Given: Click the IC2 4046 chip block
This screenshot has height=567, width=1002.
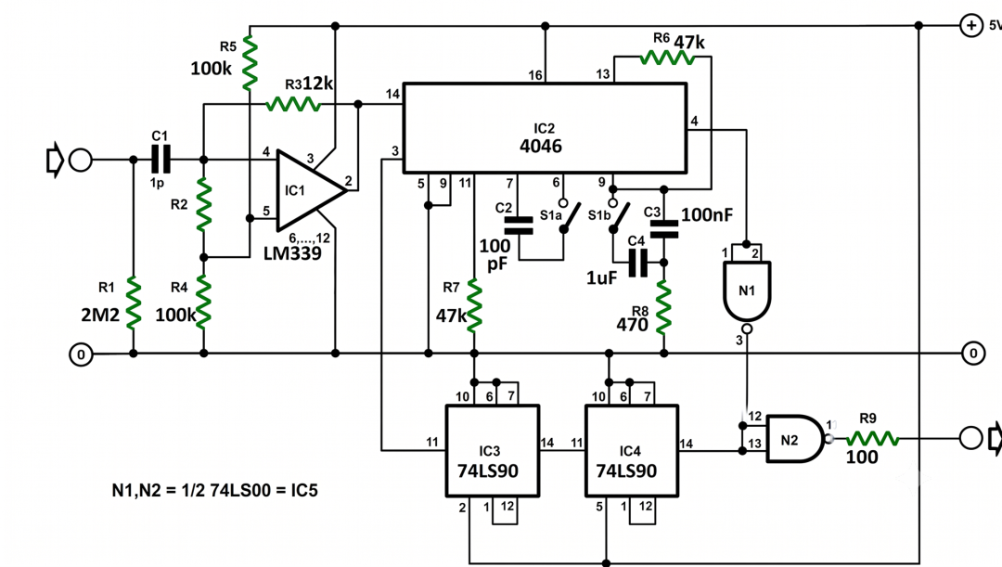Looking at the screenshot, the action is click(546, 128).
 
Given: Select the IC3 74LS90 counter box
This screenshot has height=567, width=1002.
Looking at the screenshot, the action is click(492, 451).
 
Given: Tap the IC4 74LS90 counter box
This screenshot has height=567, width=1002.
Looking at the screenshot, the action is click(632, 451).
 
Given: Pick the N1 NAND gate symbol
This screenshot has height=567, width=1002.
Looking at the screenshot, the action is click(746, 291).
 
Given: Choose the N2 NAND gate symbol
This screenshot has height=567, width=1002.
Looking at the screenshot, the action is click(794, 439).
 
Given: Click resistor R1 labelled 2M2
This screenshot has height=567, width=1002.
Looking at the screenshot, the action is click(133, 303).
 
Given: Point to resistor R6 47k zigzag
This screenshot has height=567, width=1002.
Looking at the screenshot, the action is click(666, 58).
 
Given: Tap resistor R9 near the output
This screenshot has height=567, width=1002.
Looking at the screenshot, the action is click(872, 439).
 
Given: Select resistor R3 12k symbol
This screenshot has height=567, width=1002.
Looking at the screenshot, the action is click(293, 104).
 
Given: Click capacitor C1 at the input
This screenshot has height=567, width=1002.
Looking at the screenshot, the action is click(161, 160).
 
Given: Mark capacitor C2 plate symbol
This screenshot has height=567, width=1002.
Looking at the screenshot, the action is click(519, 226).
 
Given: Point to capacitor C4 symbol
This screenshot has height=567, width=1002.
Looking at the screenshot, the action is click(637, 263).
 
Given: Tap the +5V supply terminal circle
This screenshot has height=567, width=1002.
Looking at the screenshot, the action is click(971, 26).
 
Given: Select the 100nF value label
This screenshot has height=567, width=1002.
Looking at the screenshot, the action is click(707, 214).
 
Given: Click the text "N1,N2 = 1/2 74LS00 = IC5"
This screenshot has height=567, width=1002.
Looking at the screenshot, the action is click(214, 490).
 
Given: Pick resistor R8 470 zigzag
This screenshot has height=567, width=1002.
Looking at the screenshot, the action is click(664, 307).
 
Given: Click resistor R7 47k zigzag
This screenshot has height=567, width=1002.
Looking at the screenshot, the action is click(473, 305).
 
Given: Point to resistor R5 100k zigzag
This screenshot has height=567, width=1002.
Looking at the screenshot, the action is click(250, 62).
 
